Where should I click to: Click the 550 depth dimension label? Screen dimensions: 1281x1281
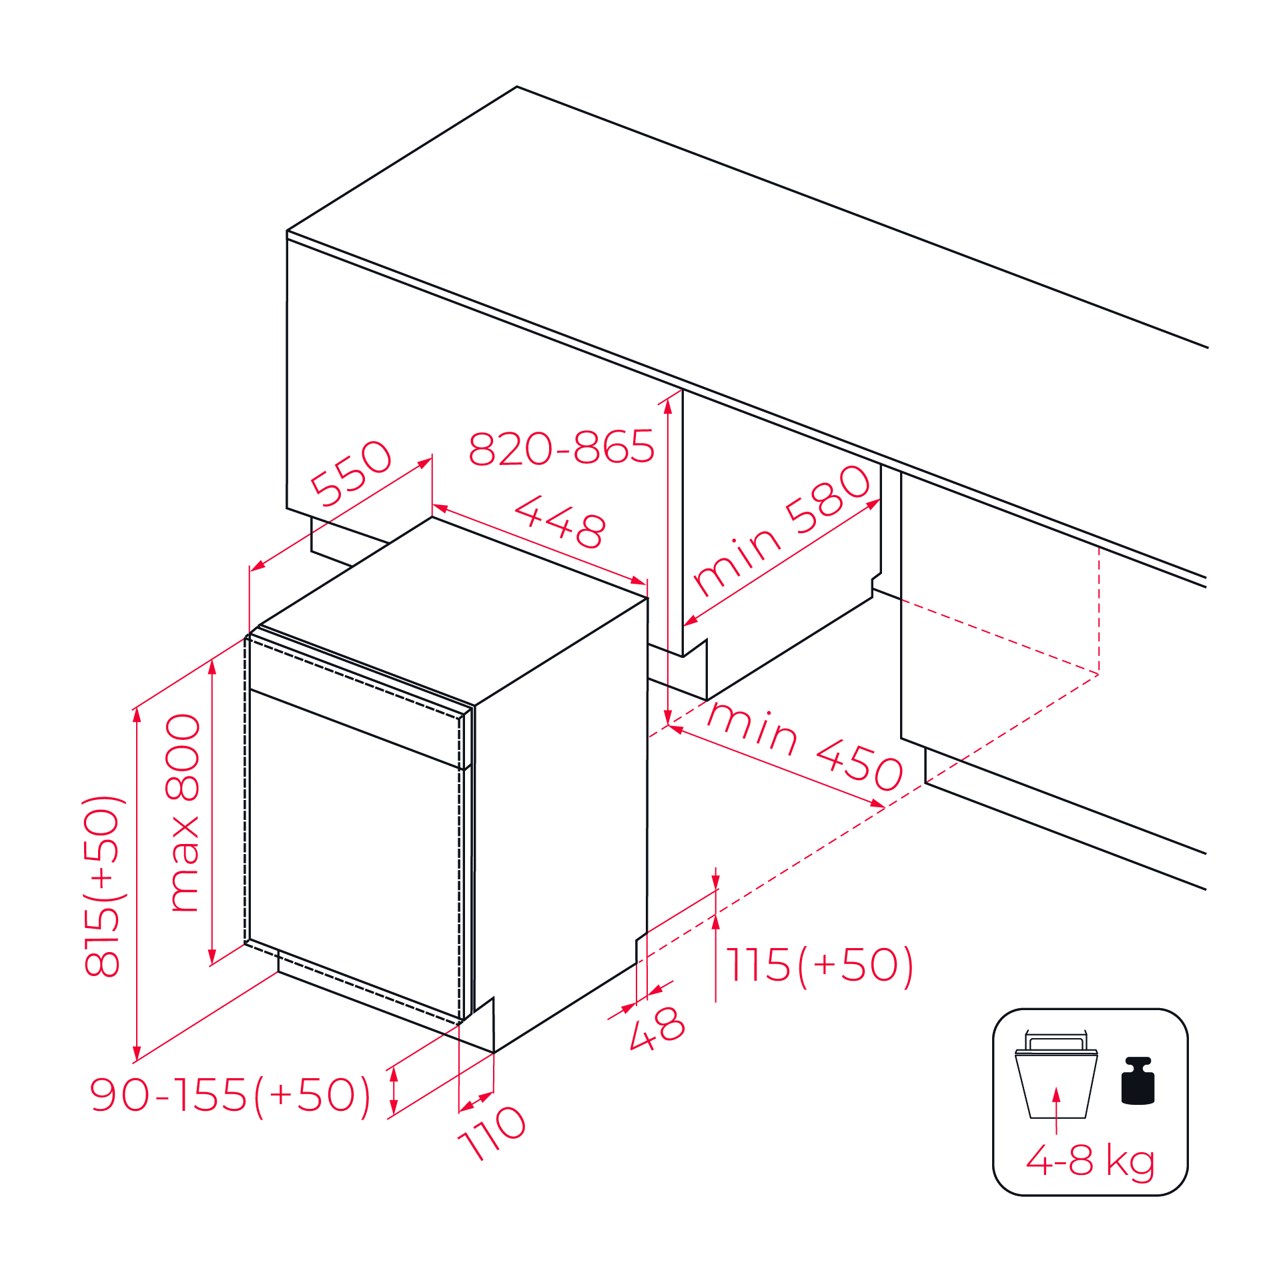pos(352,473)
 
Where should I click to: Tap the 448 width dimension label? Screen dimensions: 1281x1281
pos(560,522)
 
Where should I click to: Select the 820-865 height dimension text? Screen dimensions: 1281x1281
pos(562,447)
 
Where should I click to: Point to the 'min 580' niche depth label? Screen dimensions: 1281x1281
pos(782,530)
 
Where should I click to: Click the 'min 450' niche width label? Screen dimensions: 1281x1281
pos(805,747)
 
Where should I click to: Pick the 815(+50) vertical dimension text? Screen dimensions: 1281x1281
pos(102,887)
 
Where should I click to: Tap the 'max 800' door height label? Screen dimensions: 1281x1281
pos(182,813)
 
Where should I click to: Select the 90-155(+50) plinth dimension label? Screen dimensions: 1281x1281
pos(230,1095)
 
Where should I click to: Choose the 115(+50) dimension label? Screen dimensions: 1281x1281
pos(820,965)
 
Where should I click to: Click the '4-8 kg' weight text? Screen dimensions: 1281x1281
pos(1090,1161)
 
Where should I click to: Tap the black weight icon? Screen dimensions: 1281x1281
pos(1138,1081)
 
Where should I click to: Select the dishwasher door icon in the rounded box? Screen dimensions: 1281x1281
pos(1056,1075)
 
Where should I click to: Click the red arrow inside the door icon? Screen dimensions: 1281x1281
pos(1056,1110)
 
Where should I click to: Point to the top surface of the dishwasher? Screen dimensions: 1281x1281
pos(454,610)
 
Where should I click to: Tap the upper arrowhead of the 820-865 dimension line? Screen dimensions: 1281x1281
pos(668,406)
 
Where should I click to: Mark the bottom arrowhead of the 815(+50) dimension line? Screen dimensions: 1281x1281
pos(137,1053)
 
